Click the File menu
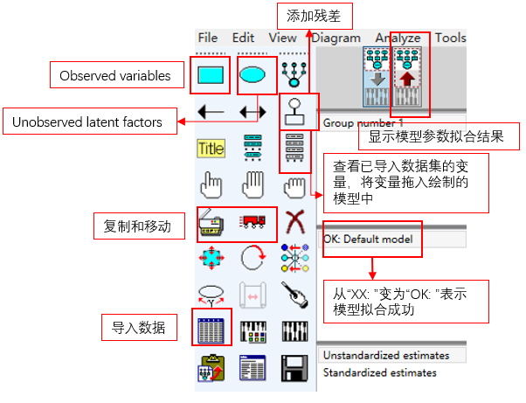click(208, 38)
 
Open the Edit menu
click(243, 38)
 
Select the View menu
click(282, 38)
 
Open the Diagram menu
click(336, 38)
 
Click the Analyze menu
click(398, 38)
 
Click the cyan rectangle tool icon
click(211, 75)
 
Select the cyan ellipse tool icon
click(253, 75)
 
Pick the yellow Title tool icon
click(211, 148)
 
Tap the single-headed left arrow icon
click(211, 112)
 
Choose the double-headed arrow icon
click(253, 112)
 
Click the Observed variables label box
click(114, 76)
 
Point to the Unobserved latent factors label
click(87, 122)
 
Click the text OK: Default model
click(367, 238)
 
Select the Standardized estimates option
click(379, 373)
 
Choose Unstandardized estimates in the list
click(385, 356)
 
